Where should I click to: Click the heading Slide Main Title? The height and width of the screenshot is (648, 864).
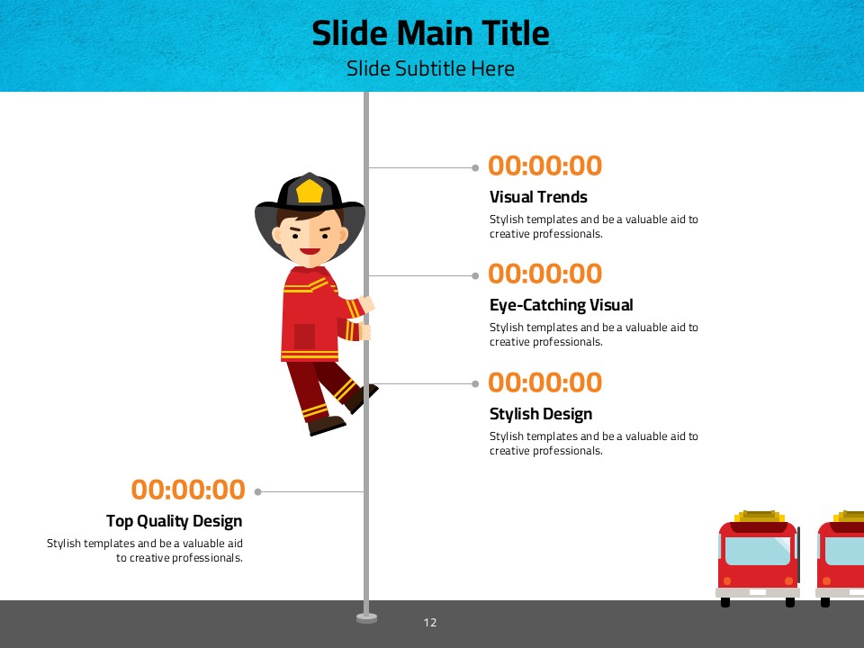430,33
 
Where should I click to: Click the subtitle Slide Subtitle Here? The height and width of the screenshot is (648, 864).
430,68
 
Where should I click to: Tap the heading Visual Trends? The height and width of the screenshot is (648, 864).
538,197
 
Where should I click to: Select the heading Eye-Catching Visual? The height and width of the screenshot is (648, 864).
561,305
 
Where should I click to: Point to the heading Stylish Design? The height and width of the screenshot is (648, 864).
541,414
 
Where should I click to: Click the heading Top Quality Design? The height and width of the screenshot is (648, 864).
174,521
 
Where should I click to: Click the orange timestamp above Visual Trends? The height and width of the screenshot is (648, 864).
545,166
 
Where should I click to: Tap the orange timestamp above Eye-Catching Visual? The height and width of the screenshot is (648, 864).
545,274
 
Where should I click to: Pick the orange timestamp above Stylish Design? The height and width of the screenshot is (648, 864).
545,382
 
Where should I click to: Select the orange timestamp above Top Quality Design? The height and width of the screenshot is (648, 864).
188,490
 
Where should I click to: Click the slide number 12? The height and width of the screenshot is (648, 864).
430,623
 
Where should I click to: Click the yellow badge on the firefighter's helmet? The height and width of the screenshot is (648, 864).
309,191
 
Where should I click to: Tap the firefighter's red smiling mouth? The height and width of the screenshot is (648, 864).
310,252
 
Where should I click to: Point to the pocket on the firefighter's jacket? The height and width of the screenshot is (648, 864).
304,337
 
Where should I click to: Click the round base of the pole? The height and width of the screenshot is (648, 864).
366,618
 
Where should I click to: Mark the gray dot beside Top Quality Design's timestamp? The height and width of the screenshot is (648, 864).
258,491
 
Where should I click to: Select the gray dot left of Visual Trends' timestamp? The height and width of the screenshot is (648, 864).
475,167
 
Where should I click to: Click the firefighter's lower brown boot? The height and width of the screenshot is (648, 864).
326,425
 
